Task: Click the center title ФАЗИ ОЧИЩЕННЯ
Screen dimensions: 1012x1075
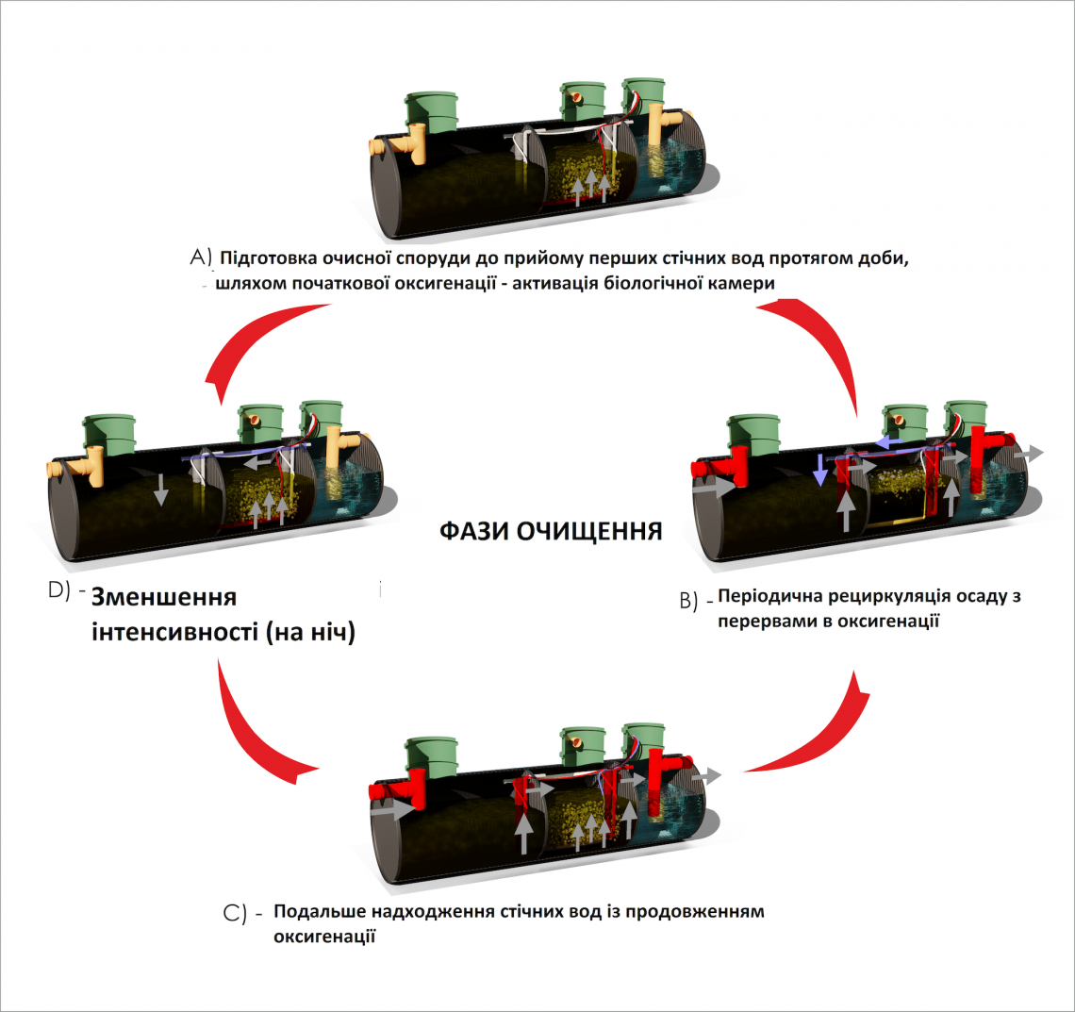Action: pyautogui.click(x=551, y=531)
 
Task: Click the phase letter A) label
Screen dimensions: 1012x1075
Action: pyautogui.click(x=203, y=257)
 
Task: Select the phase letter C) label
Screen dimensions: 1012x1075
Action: pyautogui.click(x=236, y=913)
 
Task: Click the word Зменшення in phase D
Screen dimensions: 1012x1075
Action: pyautogui.click(x=164, y=598)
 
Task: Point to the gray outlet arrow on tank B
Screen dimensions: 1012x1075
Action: pyautogui.click(x=1030, y=454)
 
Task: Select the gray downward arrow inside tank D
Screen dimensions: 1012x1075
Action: pyautogui.click(x=161, y=489)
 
